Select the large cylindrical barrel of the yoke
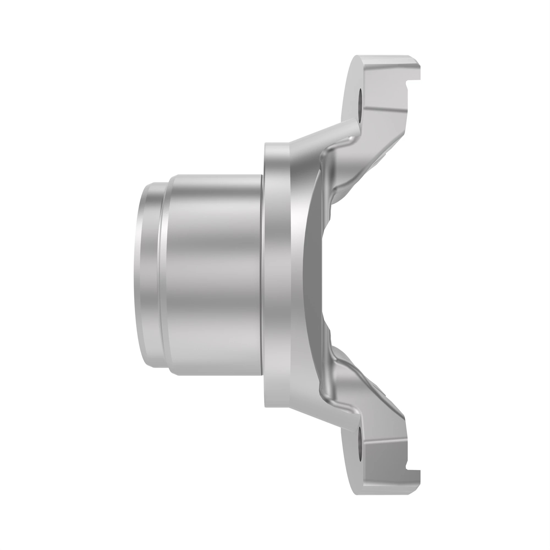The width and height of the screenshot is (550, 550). (x=213, y=275)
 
